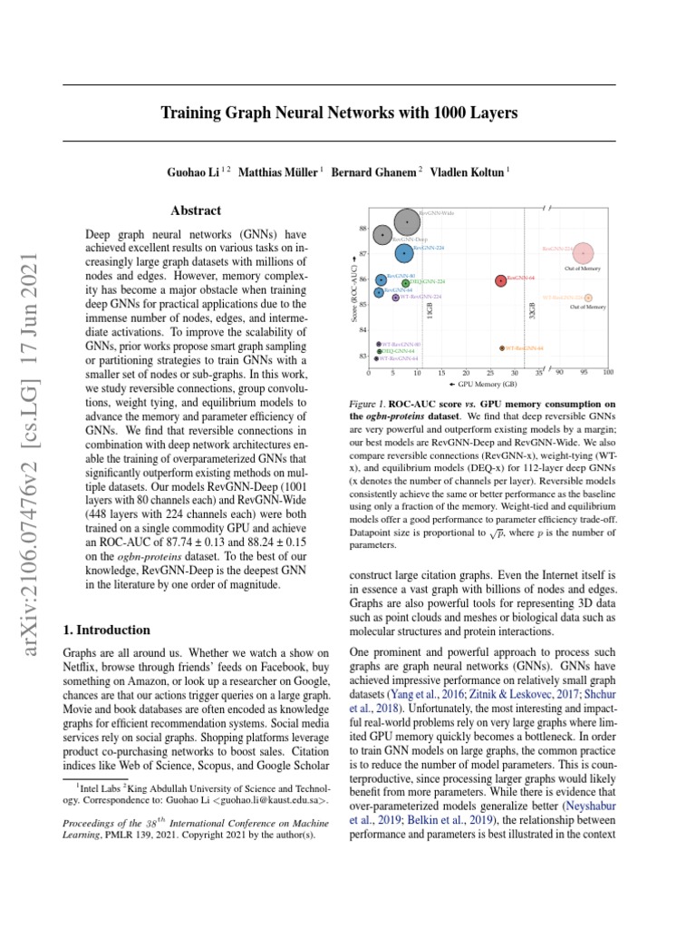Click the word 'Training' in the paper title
pyautogui.click(x=193, y=113)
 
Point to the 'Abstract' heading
pyautogui.click(x=196, y=210)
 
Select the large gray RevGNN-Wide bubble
pyautogui.click(x=408, y=220)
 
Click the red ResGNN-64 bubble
pyautogui.click(x=500, y=280)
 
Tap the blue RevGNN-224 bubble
pyautogui.click(x=404, y=253)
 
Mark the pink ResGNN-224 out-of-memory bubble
pyautogui.click(x=585, y=253)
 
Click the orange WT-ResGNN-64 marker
pyautogui.click(x=501, y=347)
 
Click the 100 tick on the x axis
pyautogui.click(x=607, y=372)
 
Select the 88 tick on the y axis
pyautogui.click(x=362, y=229)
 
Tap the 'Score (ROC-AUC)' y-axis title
pyautogui.click(x=353, y=287)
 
